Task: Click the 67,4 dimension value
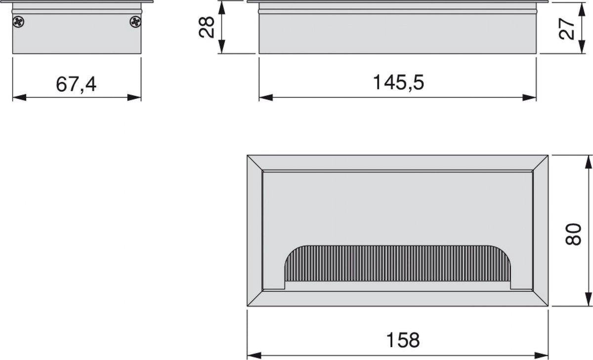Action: coord(76,84)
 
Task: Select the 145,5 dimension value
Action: coord(398,82)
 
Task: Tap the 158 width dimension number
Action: coord(403,340)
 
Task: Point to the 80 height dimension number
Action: coord(573,235)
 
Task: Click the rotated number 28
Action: coord(207,27)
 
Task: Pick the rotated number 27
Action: coord(567,29)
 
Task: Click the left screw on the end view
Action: coord(19,22)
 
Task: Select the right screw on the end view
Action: coord(135,22)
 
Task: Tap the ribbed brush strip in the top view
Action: coord(398,264)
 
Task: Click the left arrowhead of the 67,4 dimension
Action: coord(19,97)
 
